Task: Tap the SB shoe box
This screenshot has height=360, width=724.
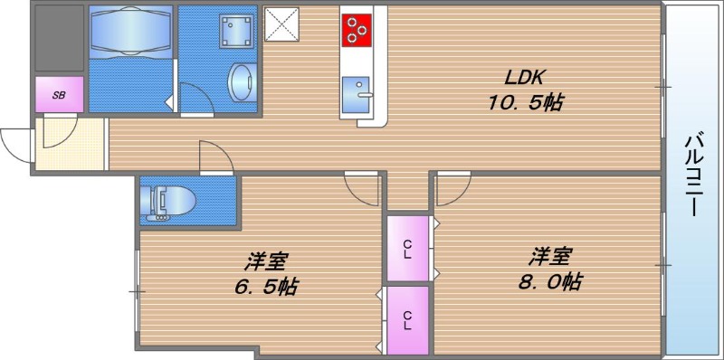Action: pyautogui.click(x=59, y=94)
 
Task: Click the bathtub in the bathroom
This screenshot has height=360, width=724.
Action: pyautogui.click(x=130, y=40)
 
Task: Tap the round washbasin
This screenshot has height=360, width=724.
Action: pyautogui.click(x=240, y=84)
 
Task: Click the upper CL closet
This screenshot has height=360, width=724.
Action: pyautogui.click(x=408, y=246)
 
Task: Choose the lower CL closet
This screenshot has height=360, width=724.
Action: pyautogui.click(x=408, y=319)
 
